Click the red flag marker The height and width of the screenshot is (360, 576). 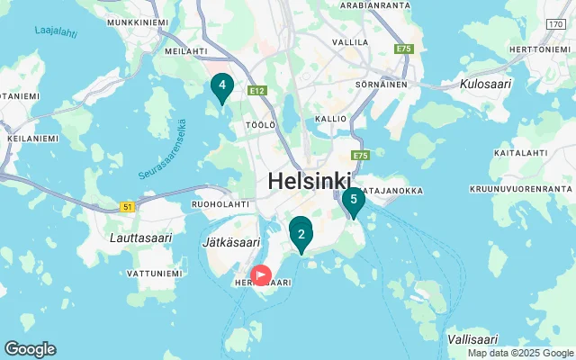[x=261, y=275]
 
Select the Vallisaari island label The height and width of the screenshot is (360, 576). [x=472, y=339]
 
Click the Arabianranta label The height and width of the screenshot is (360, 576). [x=376, y=4]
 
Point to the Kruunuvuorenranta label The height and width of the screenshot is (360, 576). [x=520, y=189]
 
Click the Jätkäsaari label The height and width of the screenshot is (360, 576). [x=229, y=243]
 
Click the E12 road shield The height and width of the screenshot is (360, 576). [x=258, y=91]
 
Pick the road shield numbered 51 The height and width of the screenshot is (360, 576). [x=128, y=207]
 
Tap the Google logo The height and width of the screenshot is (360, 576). [x=30, y=349]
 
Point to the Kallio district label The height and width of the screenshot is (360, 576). [x=331, y=119]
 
